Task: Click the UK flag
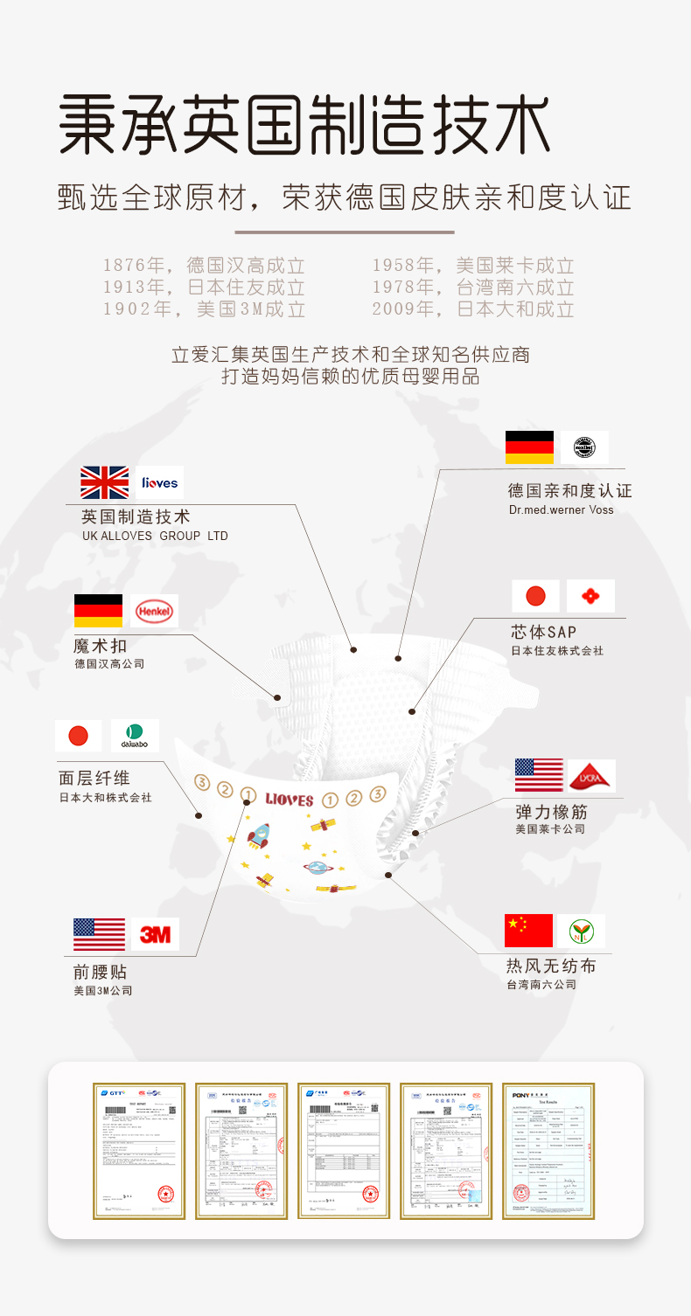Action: coord(105,482)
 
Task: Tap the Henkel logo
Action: coord(154,611)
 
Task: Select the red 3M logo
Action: coord(156,934)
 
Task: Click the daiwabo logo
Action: coord(136,736)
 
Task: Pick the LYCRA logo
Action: coord(592,775)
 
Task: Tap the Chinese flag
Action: coord(528,931)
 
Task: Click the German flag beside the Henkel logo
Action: coord(98,611)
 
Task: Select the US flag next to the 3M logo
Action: coord(99,934)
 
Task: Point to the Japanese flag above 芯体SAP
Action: coord(535,596)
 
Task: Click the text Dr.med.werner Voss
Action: coord(561,509)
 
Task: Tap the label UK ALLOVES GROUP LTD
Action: coord(155,536)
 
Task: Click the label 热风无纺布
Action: coord(551,966)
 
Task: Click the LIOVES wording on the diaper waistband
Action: coord(289,800)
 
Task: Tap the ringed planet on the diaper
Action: coord(316,868)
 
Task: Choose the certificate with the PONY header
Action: coord(548,1150)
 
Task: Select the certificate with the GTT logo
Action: coord(139,1150)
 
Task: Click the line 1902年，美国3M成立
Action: coord(204,308)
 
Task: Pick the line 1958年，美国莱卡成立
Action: coord(473,266)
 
